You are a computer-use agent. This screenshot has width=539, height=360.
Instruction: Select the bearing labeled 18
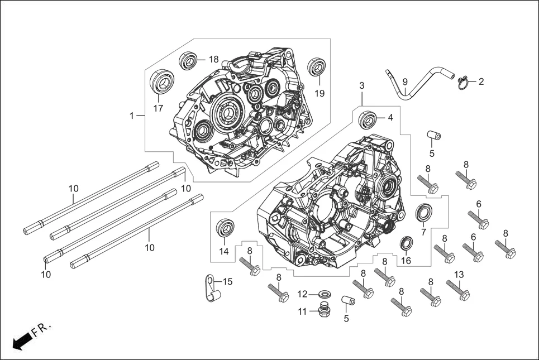pos(189,60)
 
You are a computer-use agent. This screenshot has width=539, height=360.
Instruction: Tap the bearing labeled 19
pos(318,68)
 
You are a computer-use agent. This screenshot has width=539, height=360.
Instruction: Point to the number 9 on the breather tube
pos(405,81)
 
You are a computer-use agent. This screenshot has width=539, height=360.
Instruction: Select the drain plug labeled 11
pos(322,310)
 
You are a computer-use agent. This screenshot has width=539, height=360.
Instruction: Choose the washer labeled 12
pos(323,294)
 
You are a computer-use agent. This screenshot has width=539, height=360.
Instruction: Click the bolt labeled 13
pos(457,290)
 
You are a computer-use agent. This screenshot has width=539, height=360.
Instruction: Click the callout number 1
pos(132,116)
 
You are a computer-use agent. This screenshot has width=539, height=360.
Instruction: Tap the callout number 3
pos(361,86)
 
